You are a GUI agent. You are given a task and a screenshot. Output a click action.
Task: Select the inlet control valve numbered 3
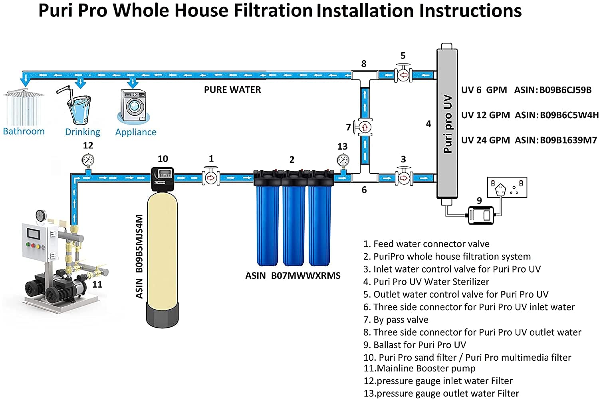pyautogui.click(x=404, y=177)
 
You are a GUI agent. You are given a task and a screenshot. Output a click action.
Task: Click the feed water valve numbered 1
pyautogui.click(x=211, y=177)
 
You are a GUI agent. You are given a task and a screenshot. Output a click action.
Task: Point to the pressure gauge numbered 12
pyautogui.click(x=88, y=160)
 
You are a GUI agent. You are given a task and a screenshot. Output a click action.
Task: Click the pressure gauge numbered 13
pyautogui.click(x=343, y=160)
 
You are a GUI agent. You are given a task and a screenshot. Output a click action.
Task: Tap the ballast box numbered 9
pyautogui.click(x=482, y=215)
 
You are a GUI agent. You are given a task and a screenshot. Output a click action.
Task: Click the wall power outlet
pyautogui.click(x=507, y=188)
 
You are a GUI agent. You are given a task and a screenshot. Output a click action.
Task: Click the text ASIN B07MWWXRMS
pyautogui.click(x=293, y=275)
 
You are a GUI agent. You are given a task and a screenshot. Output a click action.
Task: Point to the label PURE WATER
pyautogui.click(x=232, y=90)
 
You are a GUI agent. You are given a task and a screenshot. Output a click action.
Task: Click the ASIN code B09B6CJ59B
pyautogui.click(x=565, y=90)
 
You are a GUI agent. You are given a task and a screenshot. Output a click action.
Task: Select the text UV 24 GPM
pyautogui.click(x=485, y=140)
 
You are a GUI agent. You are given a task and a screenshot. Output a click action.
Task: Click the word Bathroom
pyautogui.click(x=24, y=131)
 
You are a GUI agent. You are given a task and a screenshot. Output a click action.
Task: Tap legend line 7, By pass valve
pyautogui.click(x=396, y=320)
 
